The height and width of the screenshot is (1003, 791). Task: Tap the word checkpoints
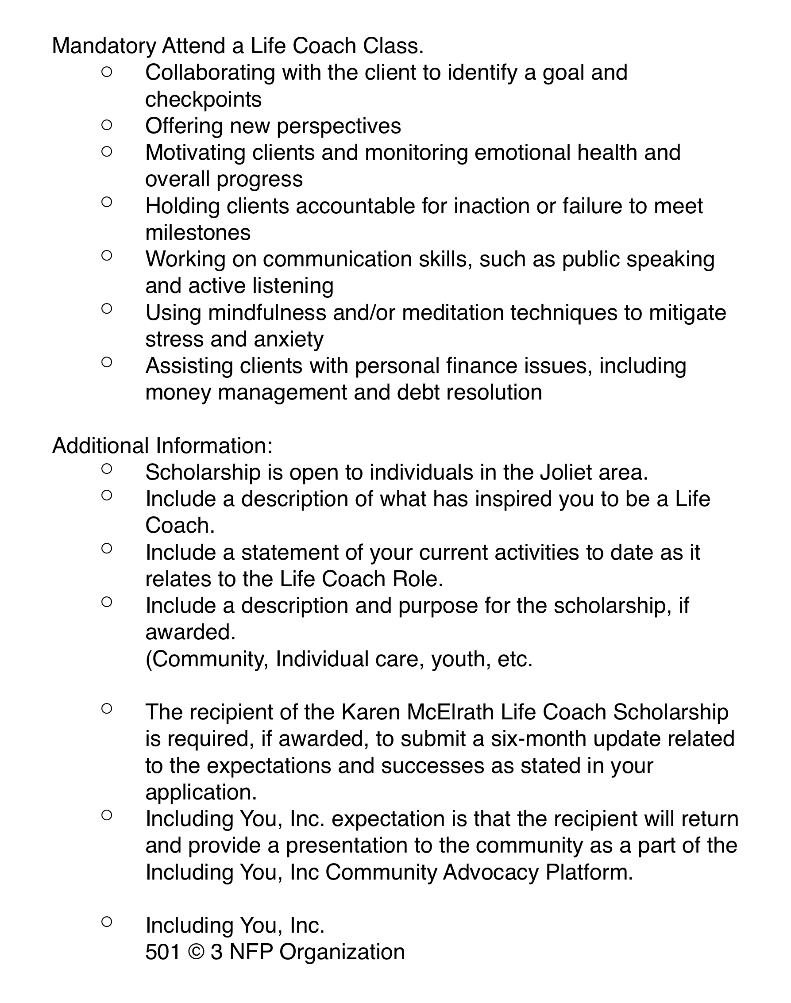click(x=203, y=100)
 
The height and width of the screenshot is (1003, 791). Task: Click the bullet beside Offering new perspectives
click(x=107, y=125)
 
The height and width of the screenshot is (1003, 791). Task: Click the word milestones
click(x=198, y=233)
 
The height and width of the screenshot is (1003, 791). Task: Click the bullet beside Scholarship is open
click(x=107, y=469)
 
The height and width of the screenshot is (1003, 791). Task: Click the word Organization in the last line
click(x=342, y=953)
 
